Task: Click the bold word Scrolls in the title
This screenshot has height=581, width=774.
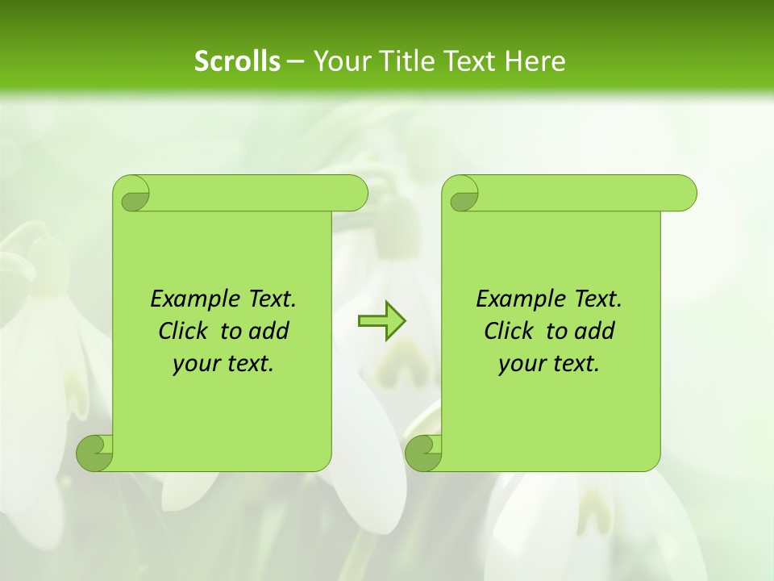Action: (x=237, y=61)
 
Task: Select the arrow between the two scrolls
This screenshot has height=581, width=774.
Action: (x=381, y=321)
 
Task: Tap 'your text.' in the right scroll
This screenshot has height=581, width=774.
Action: (x=549, y=364)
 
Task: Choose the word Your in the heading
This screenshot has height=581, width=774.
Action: (x=339, y=61)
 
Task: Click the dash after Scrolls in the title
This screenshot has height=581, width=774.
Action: (x=295, y=61)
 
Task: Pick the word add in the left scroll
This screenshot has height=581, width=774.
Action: (x=269, y=331)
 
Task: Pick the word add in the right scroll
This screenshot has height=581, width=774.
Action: (x=595, y=331)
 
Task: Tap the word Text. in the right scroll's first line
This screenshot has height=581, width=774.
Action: (x=597, y=299)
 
